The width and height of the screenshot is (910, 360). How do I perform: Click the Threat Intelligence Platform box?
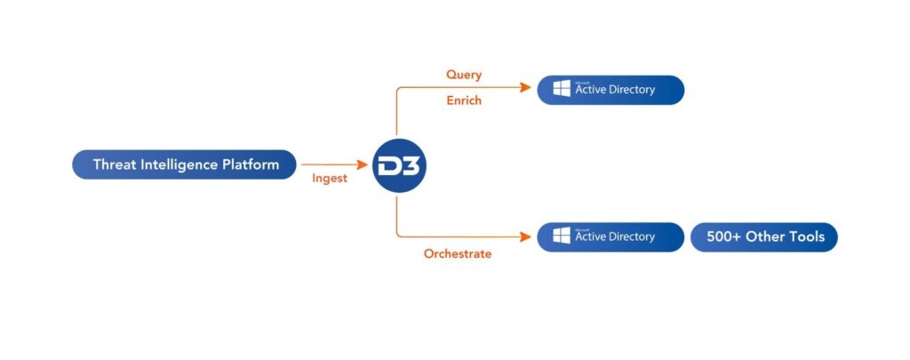(184, 164)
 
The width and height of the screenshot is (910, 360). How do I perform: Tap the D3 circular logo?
(399, 164)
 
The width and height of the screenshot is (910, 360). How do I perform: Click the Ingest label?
(329, 178)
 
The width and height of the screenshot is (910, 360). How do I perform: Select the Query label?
(464, 75)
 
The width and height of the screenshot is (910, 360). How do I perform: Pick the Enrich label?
(464, 100)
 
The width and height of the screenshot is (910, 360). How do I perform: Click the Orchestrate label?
(457, 253)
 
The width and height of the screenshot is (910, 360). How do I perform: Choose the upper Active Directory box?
(611, 90)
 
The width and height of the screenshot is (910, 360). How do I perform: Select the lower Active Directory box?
(611, 237)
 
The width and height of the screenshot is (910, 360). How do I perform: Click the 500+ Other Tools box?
(764, 237)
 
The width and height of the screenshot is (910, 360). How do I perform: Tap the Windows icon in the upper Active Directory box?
(562, 90)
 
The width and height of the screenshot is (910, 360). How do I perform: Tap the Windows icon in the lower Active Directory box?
(562, 237)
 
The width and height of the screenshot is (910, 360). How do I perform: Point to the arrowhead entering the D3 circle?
(363, 164)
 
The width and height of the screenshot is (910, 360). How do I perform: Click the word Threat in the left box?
(116, 164)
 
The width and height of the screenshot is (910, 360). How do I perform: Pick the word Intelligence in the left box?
(180, 164)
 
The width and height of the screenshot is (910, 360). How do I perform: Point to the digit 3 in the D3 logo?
(411, 165)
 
